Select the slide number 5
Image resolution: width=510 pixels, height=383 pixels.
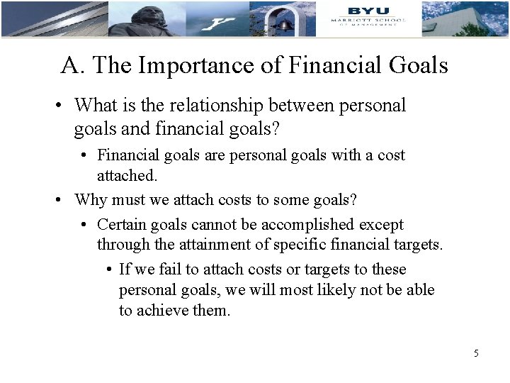tap(477, 353)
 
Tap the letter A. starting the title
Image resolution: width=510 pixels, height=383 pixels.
tap(71, 66)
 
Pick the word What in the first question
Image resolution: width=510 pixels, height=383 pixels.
tap(96, 106)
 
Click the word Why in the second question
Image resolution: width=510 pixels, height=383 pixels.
tap(91, 199)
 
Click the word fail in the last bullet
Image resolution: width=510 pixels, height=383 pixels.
tap(176, 270)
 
